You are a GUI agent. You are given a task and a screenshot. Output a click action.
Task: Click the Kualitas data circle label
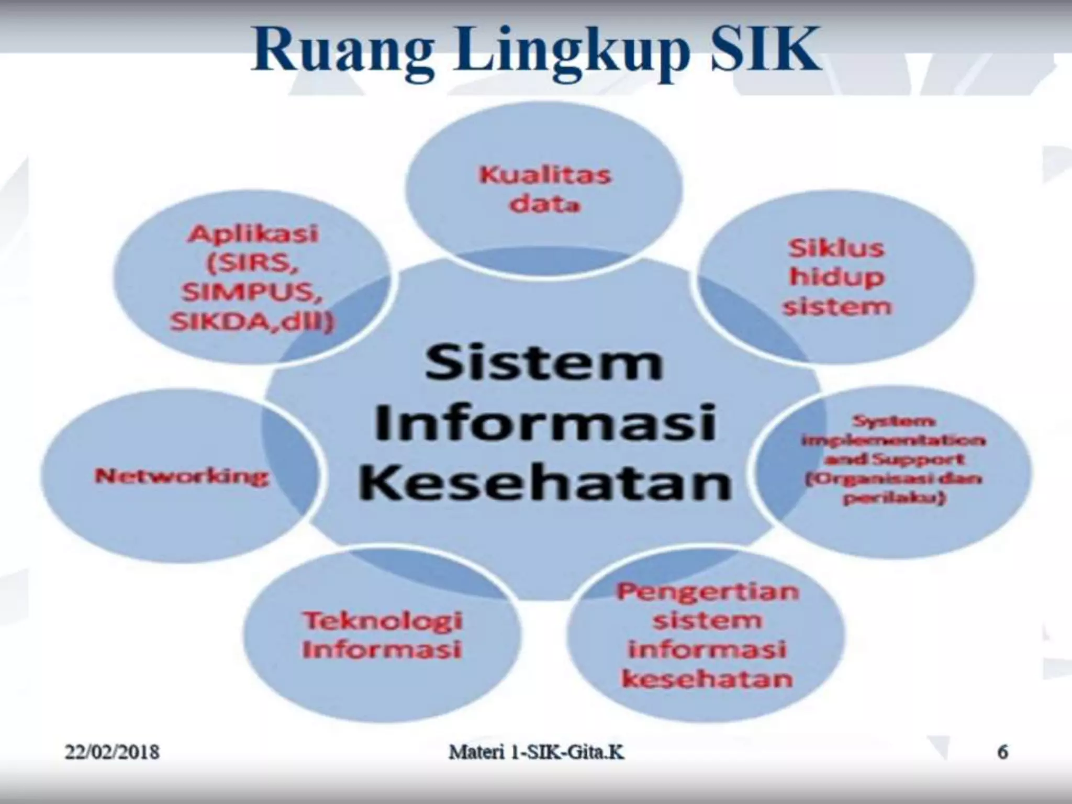[545, 189]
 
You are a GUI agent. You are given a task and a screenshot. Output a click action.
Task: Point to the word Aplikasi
[253, 233]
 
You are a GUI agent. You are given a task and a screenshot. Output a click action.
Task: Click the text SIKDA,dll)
[252, 322]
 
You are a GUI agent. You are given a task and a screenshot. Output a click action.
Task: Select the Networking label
[182, 476]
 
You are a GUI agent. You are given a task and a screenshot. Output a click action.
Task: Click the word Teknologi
[383, 621]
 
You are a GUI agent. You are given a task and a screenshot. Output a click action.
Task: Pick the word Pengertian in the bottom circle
[707, 591]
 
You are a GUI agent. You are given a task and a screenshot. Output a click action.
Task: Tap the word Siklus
[836, 248]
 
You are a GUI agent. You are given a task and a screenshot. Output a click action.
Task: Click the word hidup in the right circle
[836, 277]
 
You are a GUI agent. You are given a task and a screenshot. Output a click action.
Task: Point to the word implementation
[893, 440]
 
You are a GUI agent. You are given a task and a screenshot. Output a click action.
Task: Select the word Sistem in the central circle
[544, 363]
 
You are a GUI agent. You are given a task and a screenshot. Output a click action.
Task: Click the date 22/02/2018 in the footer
[111, 753]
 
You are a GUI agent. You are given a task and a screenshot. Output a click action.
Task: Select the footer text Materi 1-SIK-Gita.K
[537, 753]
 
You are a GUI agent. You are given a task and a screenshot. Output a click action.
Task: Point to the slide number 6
[1002, 752]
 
